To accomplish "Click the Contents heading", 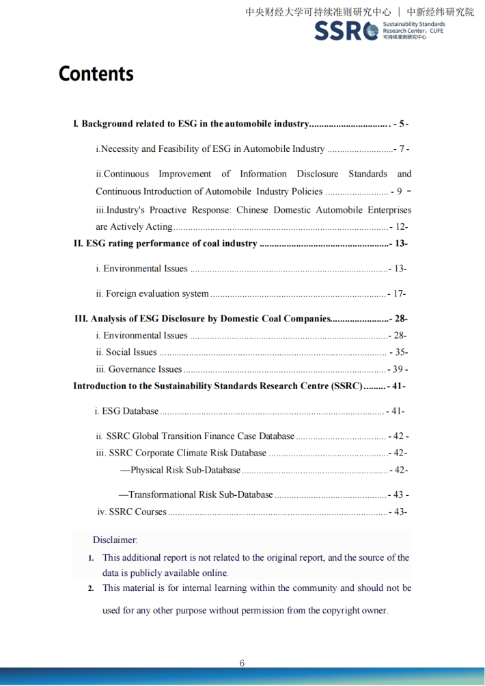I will click(x=96, y=74).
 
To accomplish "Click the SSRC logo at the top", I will click(x=346, y=31).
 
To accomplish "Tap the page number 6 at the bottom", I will click(x=242, y=663).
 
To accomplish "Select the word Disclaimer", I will click(x=115, y=540).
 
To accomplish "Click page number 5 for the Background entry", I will click(x=402, y=124).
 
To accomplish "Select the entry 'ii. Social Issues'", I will click(x=126, y=352).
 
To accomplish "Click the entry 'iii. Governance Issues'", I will click(x=139, y=369).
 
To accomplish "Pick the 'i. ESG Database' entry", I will click(x=126, y=411).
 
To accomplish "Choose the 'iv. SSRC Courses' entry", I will click(x=132, y=512).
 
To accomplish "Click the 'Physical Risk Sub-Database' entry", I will click(x=180, y=470).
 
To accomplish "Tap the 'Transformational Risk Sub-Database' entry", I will click(x=195, y=494).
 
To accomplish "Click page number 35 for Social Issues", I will click(x=400, y=352).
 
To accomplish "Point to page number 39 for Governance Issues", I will click(x=399, y=369).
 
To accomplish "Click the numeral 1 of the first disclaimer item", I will click(x=91, y=558).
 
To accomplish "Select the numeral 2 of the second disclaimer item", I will click(x=91, y=588).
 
